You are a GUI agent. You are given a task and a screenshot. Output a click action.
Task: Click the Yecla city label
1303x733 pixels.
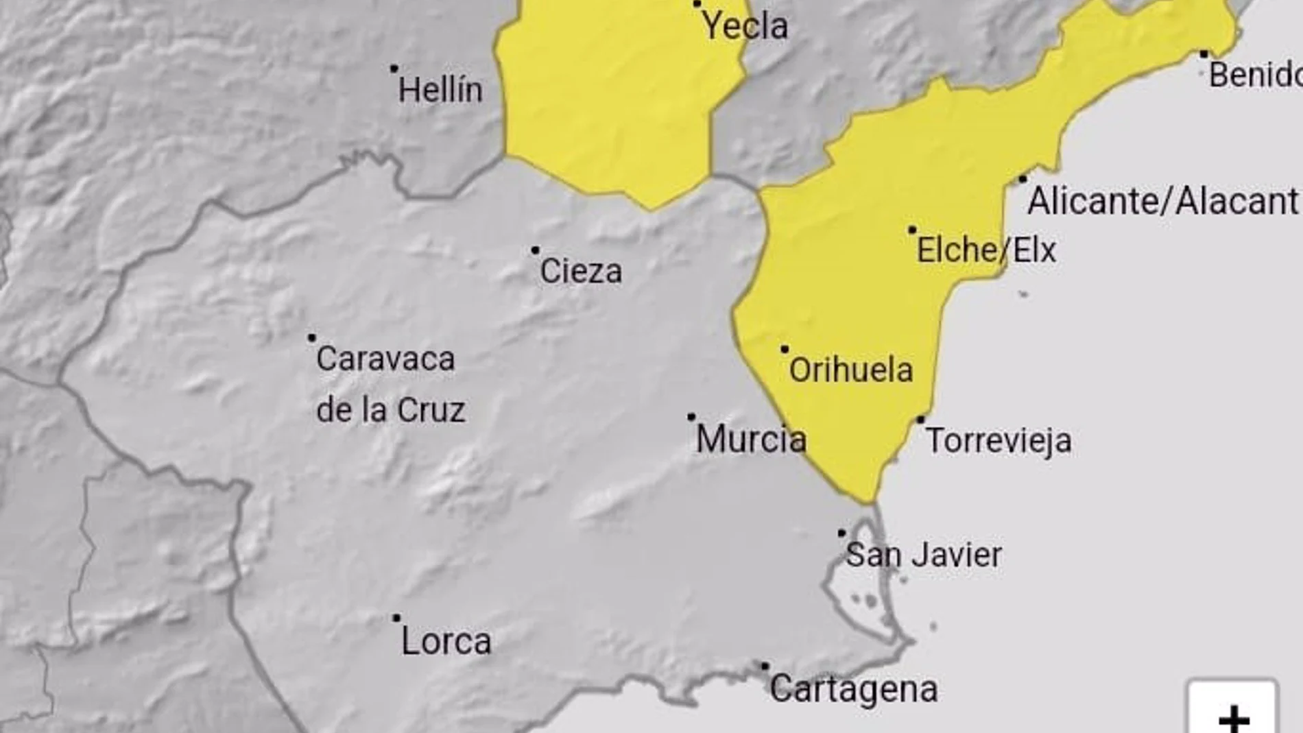pyautogui.click(x=745, y=27)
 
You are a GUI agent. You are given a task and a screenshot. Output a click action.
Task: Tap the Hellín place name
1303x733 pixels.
pyautogui.click(x=440, y=91)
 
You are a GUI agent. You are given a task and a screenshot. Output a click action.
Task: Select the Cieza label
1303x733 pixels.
pyautogui.click(x=581, y=272)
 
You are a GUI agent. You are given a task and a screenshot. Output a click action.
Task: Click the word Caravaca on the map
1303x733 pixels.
pyautogui.click(x=385, y=359)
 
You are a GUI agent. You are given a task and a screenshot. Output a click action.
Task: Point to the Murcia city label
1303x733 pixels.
pyautogui.click(x=751, y=440)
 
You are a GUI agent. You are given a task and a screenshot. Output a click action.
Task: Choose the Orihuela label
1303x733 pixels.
pyautogui.click(x=851, y=370)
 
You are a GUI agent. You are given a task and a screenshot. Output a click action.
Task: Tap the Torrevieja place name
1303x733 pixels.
pyautogui.click(x=999, y=441)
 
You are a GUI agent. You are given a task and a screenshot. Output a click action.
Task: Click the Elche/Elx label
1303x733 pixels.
pyautogui.click(x=986, y=250)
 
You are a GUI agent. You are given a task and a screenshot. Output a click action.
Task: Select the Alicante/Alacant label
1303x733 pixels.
pyautogui.click(x=1163, y=202)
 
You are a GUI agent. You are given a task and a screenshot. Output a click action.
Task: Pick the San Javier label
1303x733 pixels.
pyautogui.click(x=924, y=555)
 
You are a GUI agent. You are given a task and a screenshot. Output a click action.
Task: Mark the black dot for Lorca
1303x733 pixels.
pyautogui.click(x=396, y=618)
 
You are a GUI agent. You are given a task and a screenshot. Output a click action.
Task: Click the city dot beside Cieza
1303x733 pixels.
pyautogui.click(x=535, y=251)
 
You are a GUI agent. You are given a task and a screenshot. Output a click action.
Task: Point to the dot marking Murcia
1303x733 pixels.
pyautogui.click(x=691, y=417)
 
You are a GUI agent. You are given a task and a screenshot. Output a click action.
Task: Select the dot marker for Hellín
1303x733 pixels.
pyautogui.click(x=394, y=69)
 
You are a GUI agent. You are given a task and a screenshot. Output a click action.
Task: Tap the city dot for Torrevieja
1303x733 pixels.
pyautogui.click(x=921, y=420)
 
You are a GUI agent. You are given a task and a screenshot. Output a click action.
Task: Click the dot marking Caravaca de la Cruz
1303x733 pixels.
pyautogui.click(x=312, y=337)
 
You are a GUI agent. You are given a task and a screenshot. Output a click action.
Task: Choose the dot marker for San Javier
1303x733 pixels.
pyautogui.click(x=841, y=533)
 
